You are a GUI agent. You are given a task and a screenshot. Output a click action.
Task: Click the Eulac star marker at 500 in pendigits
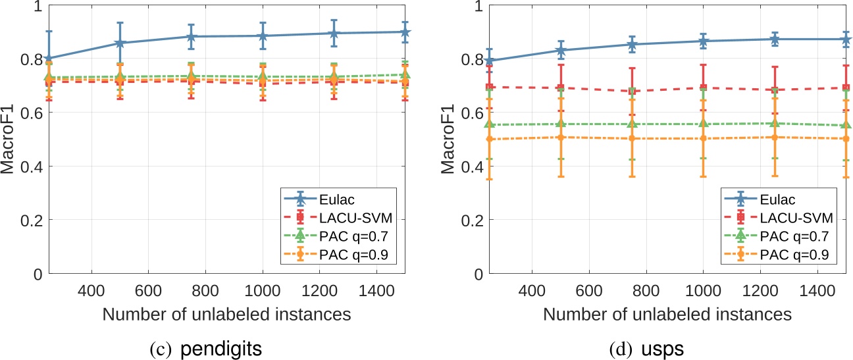point(120,43)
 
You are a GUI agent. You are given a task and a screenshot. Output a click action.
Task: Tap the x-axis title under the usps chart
point(667,314)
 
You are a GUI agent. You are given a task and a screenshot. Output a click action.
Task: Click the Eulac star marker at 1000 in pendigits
point(263,36)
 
